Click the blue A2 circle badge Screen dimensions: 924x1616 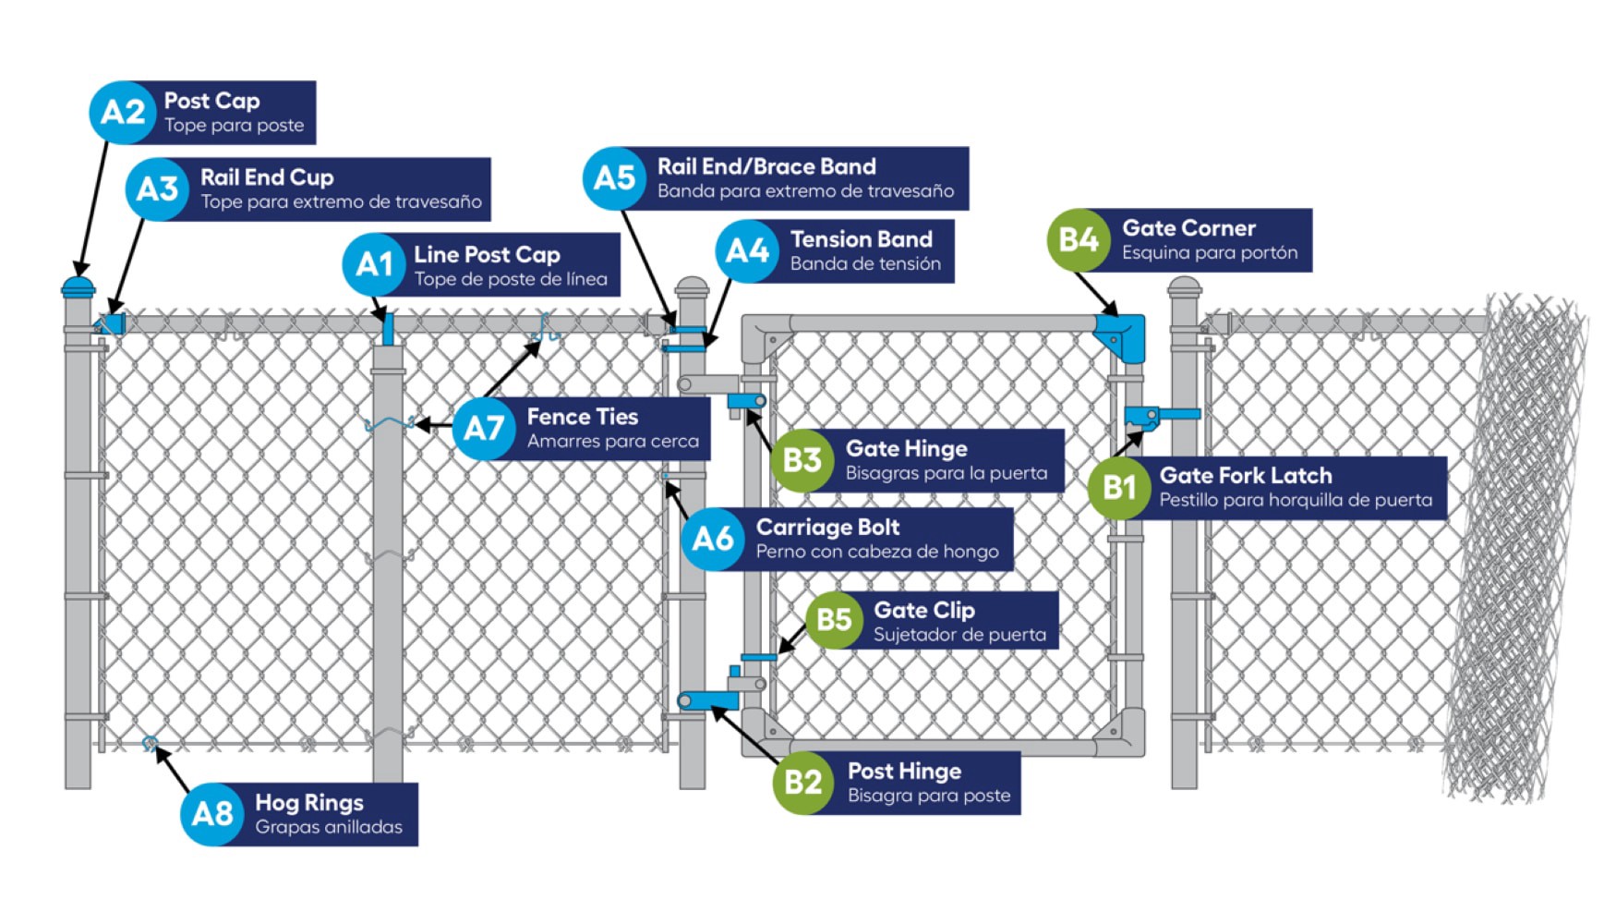[x=122, y=112]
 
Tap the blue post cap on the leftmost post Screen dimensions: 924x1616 [x=78, y=285]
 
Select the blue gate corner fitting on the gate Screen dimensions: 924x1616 [x=1123, y=335]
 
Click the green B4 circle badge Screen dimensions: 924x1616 [x=1078, y=239]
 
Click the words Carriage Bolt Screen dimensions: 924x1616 [x=827, y=527]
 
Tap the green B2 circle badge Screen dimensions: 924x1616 [x=802, y=782]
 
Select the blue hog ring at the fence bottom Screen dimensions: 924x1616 [x=150, y=743]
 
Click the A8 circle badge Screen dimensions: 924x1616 [x=212, y=813]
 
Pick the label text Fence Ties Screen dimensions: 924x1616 [x=582, y=417]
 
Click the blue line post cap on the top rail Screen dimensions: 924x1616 [x=388, y=328]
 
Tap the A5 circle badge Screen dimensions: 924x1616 [x=614, y=177]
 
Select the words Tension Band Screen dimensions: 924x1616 [x=861, y=239]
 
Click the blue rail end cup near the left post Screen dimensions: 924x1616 [x=113, y=324]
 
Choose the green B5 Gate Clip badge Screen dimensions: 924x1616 [x=834, y=619]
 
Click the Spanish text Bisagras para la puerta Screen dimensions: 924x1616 [x=946, y=473]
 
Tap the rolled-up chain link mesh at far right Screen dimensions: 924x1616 [x=1514, y=554]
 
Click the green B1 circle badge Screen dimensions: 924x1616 [x=1118, y=486]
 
